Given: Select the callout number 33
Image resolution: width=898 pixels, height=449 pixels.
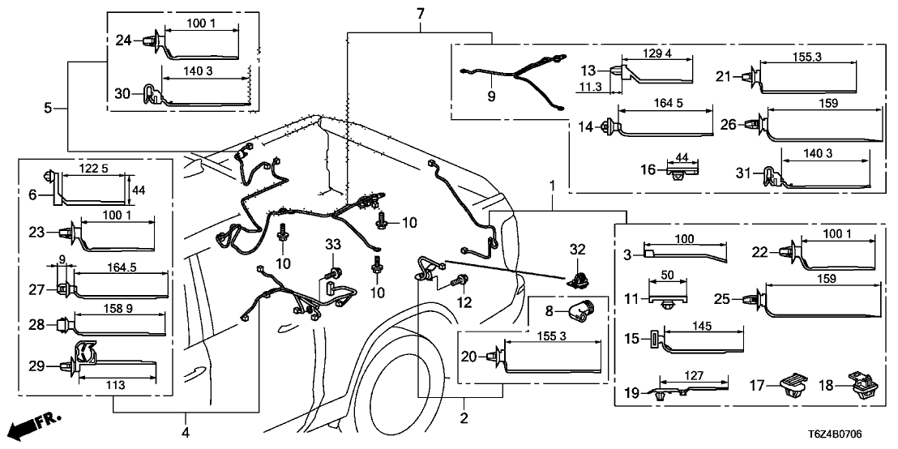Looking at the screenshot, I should click(x=332, y=244).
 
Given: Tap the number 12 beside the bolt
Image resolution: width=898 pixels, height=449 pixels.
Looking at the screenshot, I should click(x=464, y=301).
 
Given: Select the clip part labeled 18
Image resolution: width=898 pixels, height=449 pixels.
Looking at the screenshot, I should click(x=857, y=385).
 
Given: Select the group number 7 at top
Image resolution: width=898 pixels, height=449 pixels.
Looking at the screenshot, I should click(x=420, y=14).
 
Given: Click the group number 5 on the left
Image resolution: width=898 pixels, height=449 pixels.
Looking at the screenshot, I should click(x=49, y=108).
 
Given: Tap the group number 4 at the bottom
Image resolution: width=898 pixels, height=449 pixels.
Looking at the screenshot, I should click(x=186, y=433).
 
